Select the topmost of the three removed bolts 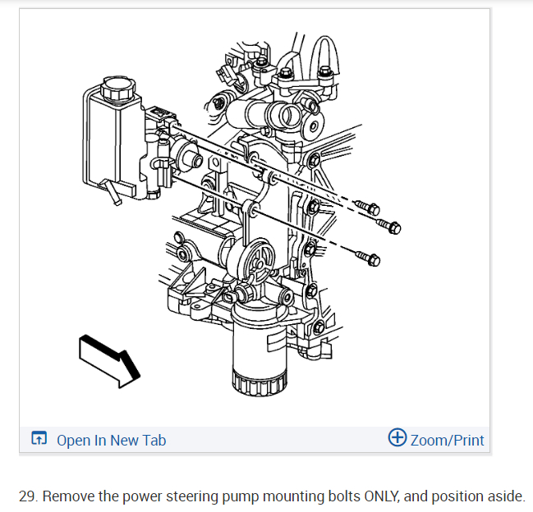coord(368,205)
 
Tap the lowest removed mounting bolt coord(370,258)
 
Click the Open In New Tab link coord(111,440)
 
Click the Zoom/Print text coord(447,440)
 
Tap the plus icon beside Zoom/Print coord(397,438)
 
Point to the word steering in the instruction coord(176,496)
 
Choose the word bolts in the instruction coord(326,496)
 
